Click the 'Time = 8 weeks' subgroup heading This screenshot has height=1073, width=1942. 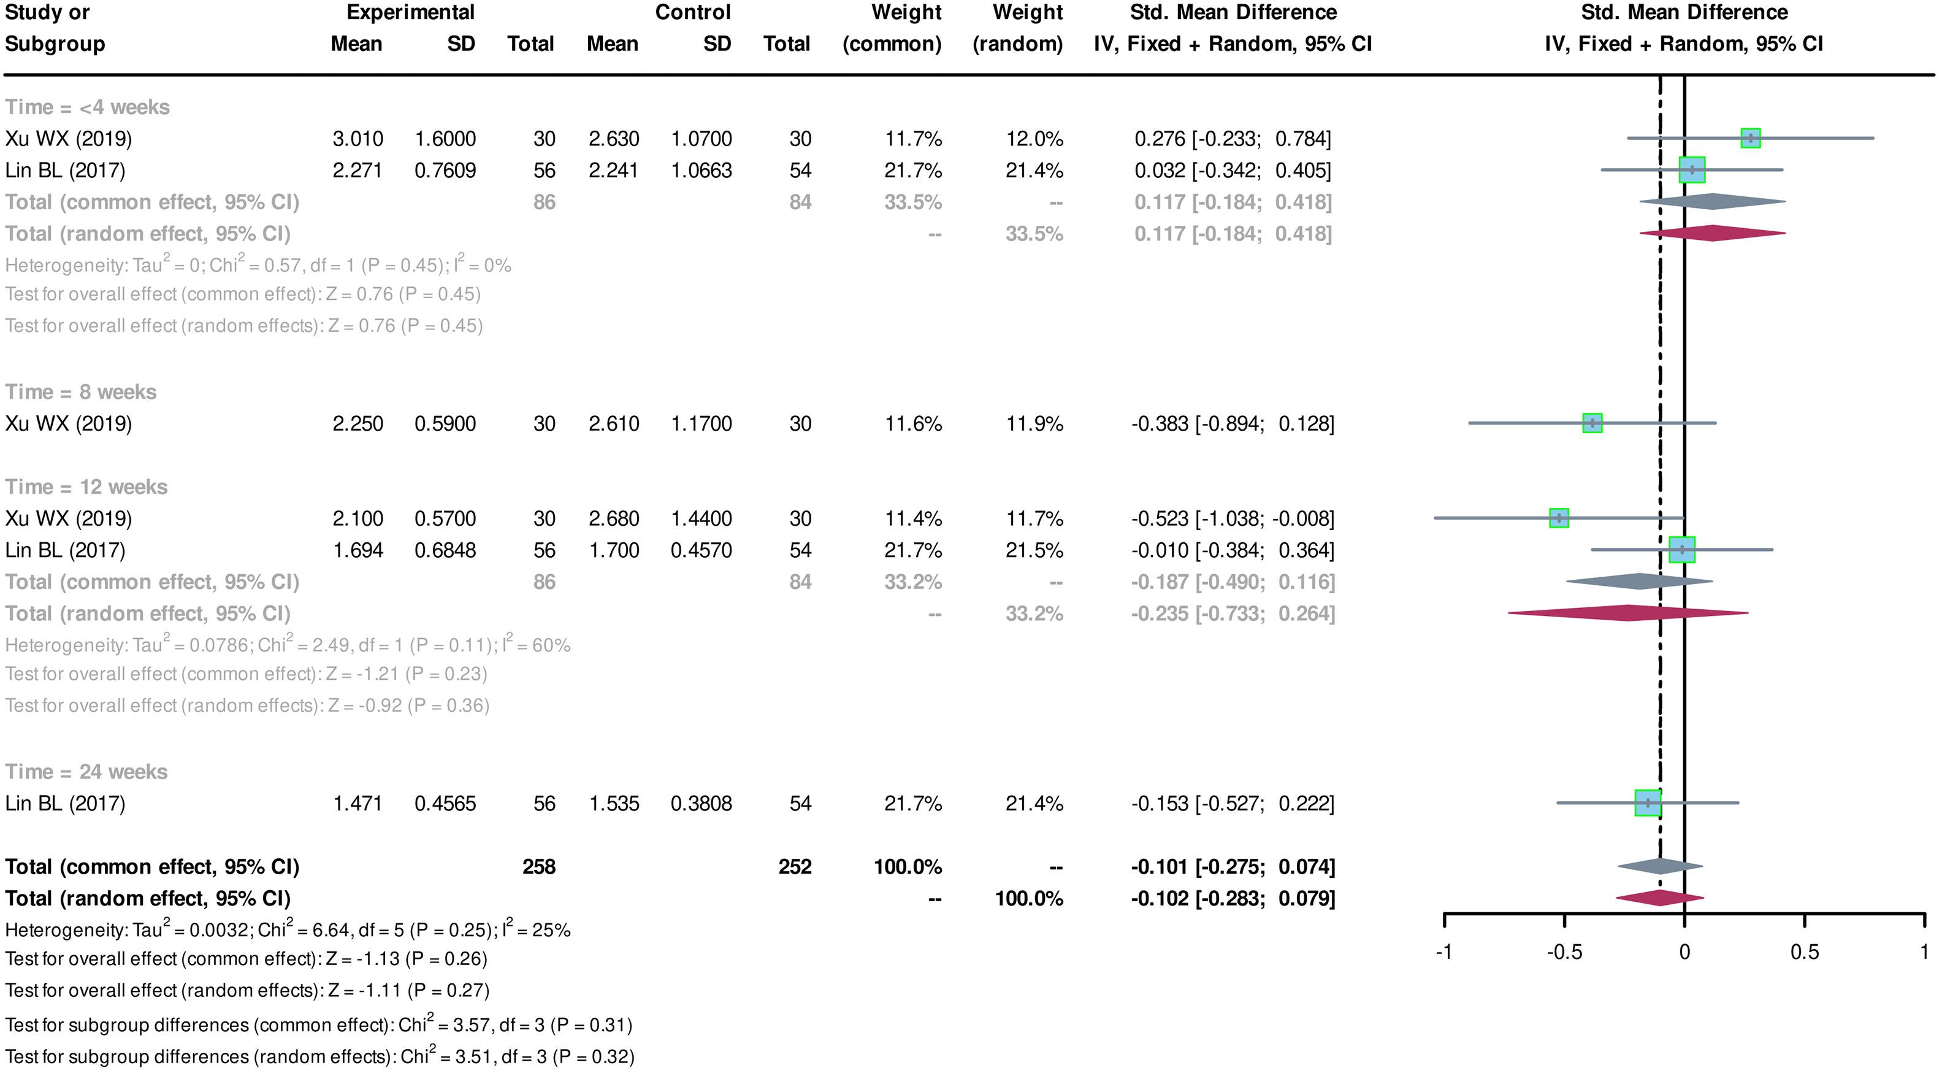click(81, 392)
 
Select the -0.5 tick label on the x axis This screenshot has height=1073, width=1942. click(1564, 952)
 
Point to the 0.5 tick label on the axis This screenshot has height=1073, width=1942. click(1804, 952)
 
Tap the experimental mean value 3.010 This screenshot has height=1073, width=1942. click(357, 139)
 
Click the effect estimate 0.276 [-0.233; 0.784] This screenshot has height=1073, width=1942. click(1233, 139)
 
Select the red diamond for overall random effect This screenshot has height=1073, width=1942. click(1660, 898)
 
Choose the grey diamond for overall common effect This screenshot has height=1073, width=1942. click(1660, 866)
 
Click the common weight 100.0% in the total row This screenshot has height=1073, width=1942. click(908, 867)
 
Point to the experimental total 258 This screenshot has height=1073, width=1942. click(538, 867)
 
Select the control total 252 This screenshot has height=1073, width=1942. click(795, 867)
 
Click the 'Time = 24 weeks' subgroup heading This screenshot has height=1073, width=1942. click(86, 772)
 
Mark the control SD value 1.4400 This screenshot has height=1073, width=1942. click(701, 519)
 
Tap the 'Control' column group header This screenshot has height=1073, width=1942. click(693, 13)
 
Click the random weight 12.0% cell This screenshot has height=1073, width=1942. click(1034, 139)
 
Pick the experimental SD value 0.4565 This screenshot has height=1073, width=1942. click(445, 804)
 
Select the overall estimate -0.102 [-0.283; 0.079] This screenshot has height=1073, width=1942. click(1233, 899)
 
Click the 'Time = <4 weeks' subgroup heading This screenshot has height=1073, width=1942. click(88, 107)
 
